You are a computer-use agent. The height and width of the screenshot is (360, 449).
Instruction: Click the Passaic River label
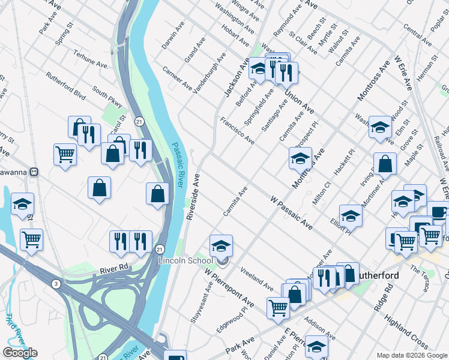tap(178, 164)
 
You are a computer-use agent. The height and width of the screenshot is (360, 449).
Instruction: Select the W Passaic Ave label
tap(291, 212)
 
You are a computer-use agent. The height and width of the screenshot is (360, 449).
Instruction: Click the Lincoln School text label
tap(185, 261)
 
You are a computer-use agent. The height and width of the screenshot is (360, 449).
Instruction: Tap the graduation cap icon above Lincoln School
tap(221, 245)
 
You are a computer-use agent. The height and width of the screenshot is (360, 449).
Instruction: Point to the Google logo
tap(20, 353)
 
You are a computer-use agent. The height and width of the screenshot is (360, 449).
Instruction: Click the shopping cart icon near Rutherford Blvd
tap(65, 154)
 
